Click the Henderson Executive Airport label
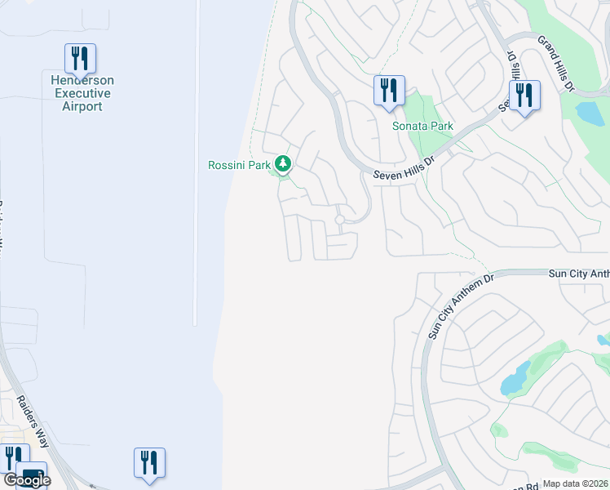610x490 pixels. pyautogui.click(x=78, y=93)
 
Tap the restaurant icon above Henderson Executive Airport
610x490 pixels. pyautogui.click(x=80, y=58)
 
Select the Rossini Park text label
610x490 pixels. pyautogui.click(x=238, y=165)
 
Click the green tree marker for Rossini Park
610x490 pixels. pyautogui.click(x=283, y=165)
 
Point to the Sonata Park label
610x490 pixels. pyautogui.click(x=422, y=127)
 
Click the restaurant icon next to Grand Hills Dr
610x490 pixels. pyautogui.click(x=523, y=96)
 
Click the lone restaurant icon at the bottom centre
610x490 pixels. pyautogui.click(x=149, y=462)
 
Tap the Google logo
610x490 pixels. pyautogui.click(x=27, y=480)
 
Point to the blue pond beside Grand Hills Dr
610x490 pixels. pyautogui.click(x=589, y=111)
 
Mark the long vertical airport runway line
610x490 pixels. pyautogui.click(x=197, y=163)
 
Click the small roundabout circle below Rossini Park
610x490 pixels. pyautogui.click(x=339, y=220)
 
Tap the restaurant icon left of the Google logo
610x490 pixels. pyautogui.click(x=12, y=458)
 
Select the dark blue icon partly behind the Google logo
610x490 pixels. pyautogui.click(x=33, y=471)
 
